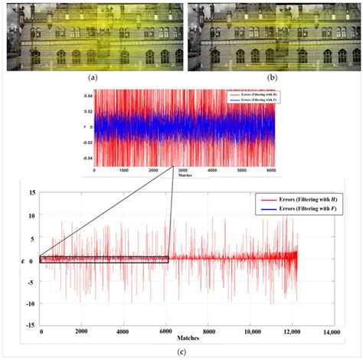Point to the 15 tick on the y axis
[x=31, y=192]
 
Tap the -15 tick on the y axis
[x=30, y=326]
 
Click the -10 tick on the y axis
[x=30, y=303]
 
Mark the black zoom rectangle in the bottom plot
[x=103, y=260]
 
